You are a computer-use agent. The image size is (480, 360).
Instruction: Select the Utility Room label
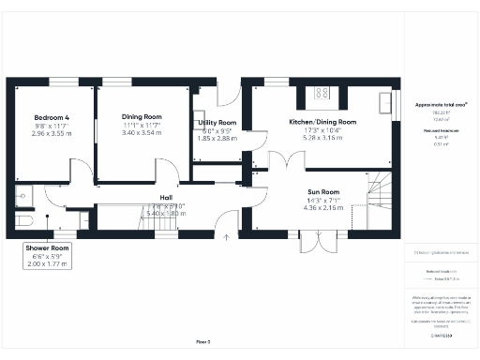pyautogui.click(x=217, y=123)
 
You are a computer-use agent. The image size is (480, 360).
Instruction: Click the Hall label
pyautogui.click(x=166, y=197)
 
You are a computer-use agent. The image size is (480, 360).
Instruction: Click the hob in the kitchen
pyautogui.click(x=322, y=93)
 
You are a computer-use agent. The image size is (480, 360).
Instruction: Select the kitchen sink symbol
pyautogui.click(x=386, y=100)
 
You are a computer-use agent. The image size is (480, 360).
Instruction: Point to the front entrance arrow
pyautogui.click(x=226, y=237)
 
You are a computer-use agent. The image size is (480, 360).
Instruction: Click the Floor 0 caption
pyautogui.click(x=202, y=341)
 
